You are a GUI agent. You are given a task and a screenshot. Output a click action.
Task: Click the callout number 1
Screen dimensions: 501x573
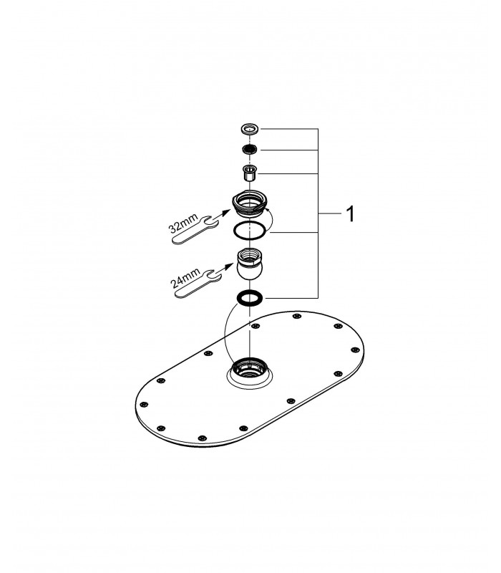(350, 213)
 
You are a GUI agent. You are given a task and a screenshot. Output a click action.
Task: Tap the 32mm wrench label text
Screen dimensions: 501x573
(183, 223)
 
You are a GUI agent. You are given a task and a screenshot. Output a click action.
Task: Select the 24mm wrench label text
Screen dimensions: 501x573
(185, 278)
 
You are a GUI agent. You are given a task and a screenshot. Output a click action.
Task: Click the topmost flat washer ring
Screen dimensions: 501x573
(249, 129)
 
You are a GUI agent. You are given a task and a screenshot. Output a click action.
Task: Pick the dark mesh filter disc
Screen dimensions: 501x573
(249, 149)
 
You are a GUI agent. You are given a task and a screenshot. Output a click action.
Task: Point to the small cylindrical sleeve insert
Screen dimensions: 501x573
(249, 173)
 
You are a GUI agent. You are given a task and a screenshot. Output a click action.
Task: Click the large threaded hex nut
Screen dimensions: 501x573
(249, 204)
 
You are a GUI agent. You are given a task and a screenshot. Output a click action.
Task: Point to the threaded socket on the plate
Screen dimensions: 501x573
(249, 367)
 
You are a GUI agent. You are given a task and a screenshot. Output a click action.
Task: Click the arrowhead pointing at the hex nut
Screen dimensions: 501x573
(226, 212)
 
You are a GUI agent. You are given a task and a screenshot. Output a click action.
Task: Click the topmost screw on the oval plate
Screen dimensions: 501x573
(298, 316)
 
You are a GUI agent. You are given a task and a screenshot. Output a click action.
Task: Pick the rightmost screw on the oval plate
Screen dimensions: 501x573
(355, 350)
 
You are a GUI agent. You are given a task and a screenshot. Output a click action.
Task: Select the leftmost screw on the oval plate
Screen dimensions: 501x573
(145, 405)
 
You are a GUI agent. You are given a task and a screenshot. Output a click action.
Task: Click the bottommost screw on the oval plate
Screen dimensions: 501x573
(203, 438)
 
